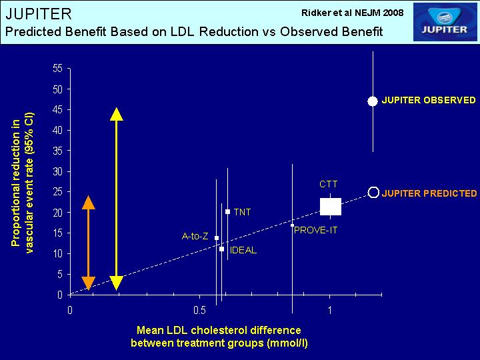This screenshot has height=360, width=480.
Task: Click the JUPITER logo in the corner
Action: point(445,22)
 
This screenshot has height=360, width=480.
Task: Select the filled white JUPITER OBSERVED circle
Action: point(373,101)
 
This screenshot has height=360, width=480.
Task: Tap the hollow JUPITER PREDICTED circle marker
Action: point(373,193)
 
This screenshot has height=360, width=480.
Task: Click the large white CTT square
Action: point(330,206)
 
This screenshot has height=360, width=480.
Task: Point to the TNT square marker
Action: point(227,211)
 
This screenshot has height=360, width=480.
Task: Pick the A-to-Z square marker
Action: point(217,238)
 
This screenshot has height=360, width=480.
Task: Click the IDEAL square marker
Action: point(221,249)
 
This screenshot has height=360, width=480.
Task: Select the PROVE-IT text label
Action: point(315,230)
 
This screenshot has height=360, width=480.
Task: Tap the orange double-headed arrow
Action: point(89,243)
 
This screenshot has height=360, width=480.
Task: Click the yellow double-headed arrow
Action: point(116,199)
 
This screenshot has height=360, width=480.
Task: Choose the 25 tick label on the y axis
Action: point(57,192)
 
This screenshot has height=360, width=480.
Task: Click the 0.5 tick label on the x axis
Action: point(199,311)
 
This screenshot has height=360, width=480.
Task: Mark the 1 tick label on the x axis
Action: point(330,311)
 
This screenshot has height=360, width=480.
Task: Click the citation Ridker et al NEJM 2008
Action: point(353,13)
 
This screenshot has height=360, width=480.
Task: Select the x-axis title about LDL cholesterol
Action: point(219,337)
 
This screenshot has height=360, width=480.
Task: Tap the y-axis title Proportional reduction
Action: point(23,183)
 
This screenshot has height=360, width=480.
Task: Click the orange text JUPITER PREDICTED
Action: point(429,193)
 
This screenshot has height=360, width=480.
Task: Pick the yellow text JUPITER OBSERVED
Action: point(429,101)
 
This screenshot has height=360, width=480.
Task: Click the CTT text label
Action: point(329,184)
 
